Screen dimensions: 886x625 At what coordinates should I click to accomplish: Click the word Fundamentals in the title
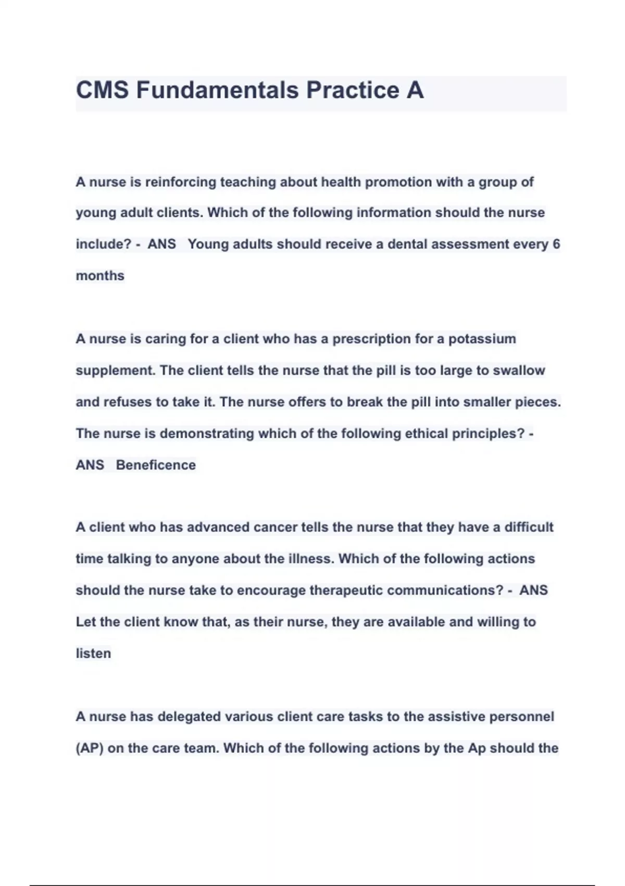pos(217,90)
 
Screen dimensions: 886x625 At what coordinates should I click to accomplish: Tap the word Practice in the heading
pos(353,90)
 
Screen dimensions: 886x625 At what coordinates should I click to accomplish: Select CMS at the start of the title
pos(102,90)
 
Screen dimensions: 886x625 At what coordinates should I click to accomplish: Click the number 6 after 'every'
pos(556,244)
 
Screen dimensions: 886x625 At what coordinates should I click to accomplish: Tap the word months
pos(100,276)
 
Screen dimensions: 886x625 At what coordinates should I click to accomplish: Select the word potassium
pos(482,339)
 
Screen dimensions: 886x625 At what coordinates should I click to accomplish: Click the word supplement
pos(115,371)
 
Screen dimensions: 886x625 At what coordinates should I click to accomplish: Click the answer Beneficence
pos(156,465)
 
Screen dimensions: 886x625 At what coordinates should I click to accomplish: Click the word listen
pos(93,654)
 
